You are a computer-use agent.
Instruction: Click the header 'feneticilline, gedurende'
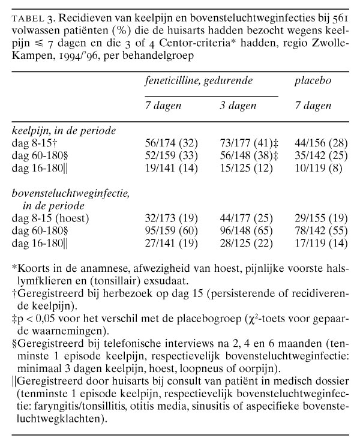(201, 80)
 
